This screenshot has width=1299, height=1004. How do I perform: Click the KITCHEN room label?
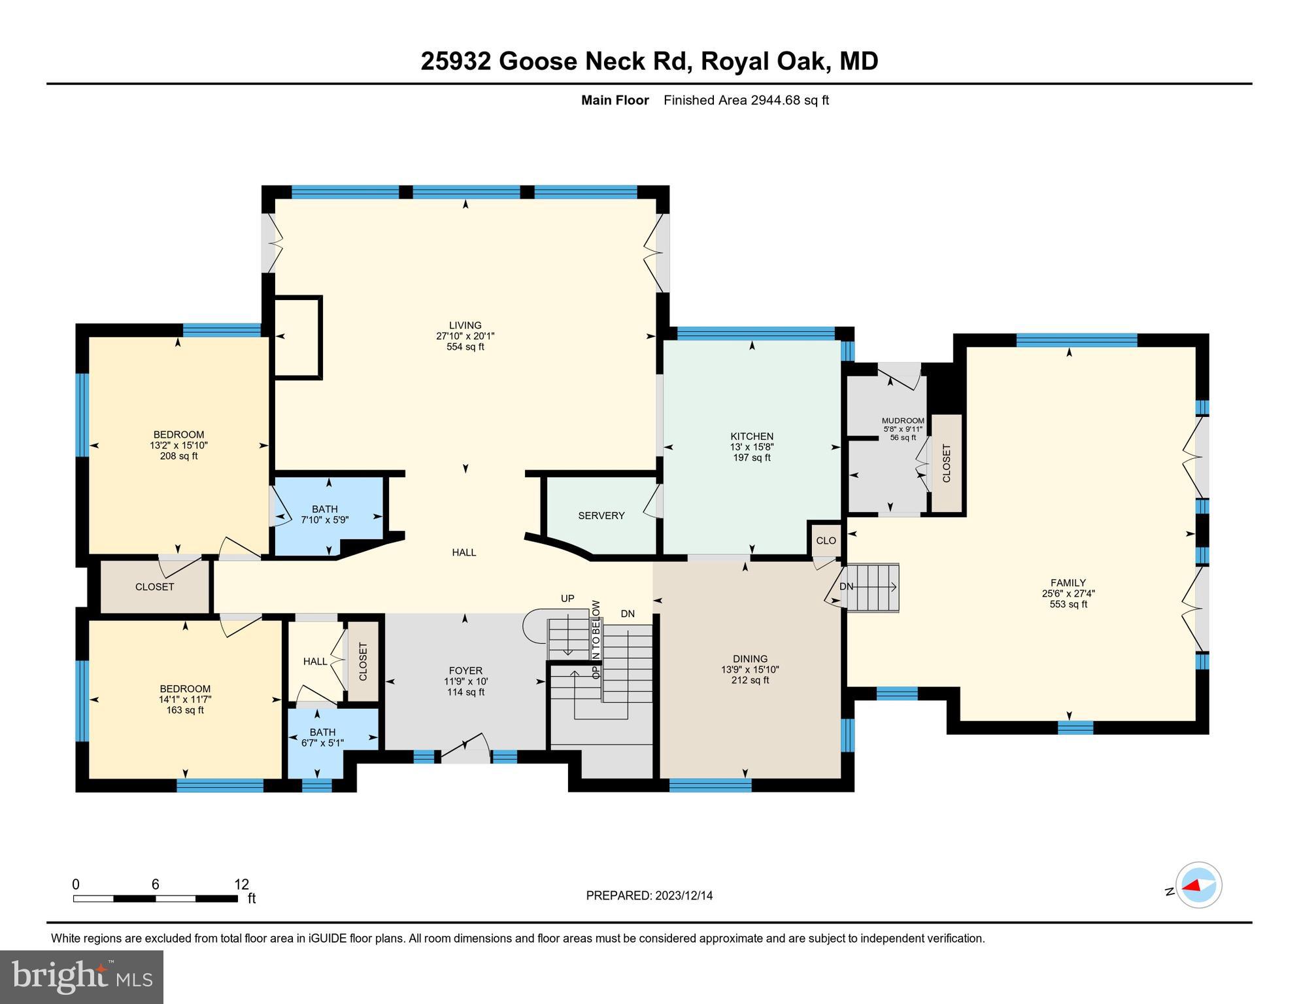click(x=752, y=437)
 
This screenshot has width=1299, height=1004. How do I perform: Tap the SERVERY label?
click(x=601, y=516)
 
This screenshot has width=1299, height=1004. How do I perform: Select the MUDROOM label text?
click(x=903, y=421)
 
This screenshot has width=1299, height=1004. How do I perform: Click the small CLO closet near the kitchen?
click(x=826, y=541)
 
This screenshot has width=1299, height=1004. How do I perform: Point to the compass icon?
click(x=1198, y=885)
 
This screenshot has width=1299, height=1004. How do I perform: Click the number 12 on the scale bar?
click(x=241, y=884)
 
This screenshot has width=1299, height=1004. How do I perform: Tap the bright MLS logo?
click(x=82, y=977)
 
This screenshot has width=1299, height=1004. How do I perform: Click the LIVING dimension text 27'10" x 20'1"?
click(x=465, y=336)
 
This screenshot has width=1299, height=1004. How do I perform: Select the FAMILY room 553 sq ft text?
click(x=1068, y=605)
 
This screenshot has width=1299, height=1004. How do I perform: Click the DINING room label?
click(x=750, y=659)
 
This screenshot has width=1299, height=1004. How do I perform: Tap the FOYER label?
click(x=465, y=671)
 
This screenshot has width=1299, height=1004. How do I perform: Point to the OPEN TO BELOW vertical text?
click(x=596, y=639)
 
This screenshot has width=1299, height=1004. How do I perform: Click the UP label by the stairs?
click(x=567, y=599)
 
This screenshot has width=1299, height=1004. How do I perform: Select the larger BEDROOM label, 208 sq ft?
click(x=178, y=435)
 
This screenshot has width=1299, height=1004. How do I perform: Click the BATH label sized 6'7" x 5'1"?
click(x=322, y=732)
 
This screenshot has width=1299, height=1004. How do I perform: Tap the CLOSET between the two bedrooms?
click(x=155, y=587)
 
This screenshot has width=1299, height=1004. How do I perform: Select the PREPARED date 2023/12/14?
click(x=683, y=895)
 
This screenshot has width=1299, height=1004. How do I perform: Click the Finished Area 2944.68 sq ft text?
click(x=746, y=101)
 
